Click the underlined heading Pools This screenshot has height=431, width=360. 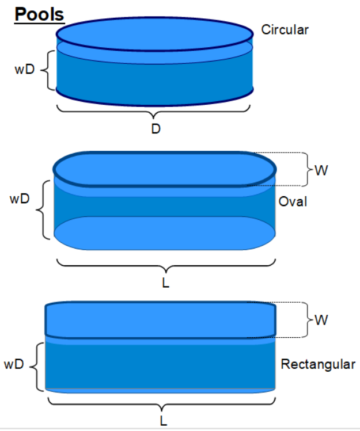39,14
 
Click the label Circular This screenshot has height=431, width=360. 285,30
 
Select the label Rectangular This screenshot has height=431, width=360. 318,364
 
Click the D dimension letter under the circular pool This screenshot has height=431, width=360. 156,129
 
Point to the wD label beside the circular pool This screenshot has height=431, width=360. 24,70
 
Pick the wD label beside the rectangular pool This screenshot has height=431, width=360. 16,364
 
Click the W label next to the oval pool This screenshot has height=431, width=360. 321,170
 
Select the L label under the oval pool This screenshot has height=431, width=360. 166,283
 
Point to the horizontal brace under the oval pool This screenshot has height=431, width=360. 166,266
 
